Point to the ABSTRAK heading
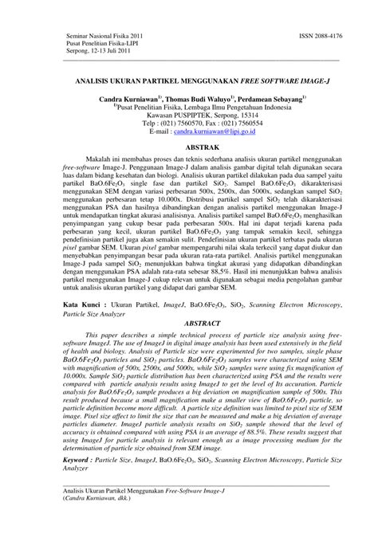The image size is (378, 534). (x=188, y=148)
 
